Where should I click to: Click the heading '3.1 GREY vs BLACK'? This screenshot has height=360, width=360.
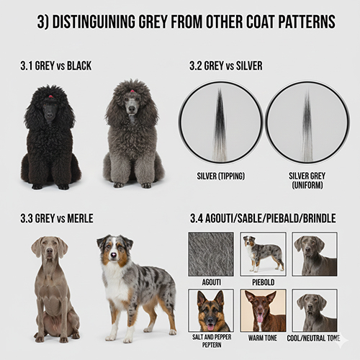(x=56, y=66)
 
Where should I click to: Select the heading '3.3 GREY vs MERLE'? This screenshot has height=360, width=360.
(x=57, y=217)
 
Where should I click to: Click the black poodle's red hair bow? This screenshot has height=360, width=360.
(x=50, y=94)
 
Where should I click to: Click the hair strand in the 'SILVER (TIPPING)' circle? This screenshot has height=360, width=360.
(x=220, y=122)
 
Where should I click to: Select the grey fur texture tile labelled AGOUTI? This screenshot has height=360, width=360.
(x=210, y=254)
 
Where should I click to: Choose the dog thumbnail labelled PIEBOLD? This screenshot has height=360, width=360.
(x=262, y=253)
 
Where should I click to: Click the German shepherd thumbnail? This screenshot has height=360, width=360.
(x=210, y=310)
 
